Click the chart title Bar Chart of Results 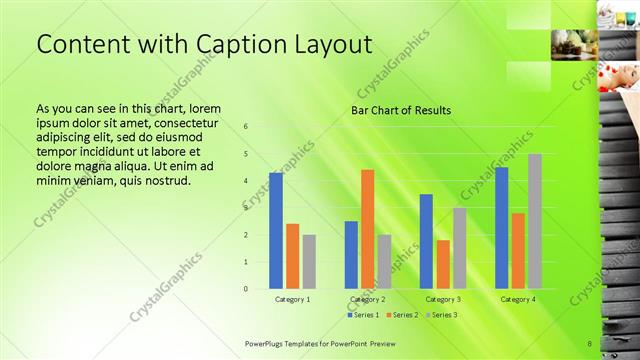point(400,110)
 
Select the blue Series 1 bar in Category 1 point(276,231)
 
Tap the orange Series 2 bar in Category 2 point(367,229)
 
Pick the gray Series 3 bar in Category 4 point(535,221)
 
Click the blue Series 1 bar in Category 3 point(426,241)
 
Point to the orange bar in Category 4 point(518,251)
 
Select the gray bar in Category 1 point(309,262)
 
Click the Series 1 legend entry point(363,315)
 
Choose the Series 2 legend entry point(401,315)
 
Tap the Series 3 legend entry point(439,315)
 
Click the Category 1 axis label point(292,299)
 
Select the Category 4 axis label point(517,299)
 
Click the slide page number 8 point(590,344)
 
